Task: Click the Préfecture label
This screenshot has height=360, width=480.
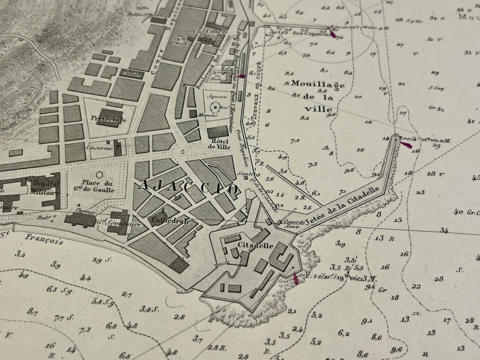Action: (108, 119)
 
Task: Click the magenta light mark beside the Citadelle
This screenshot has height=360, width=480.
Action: (296, 277)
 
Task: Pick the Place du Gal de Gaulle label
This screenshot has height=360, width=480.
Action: (98, 186)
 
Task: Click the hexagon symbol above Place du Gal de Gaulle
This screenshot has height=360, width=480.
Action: (99, 174)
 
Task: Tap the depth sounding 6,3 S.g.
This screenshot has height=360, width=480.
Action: (58, 289)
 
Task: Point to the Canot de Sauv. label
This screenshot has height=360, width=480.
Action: (294, 223)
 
